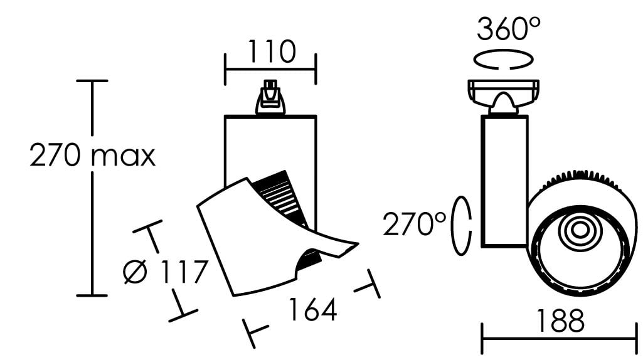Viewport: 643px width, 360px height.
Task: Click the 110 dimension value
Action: click(x=271, y=51)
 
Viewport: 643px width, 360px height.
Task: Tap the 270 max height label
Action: click(x=93, y=156)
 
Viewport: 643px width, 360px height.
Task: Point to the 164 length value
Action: click(x=313, y=310)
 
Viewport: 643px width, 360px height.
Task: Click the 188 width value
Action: click(x=560, y=320)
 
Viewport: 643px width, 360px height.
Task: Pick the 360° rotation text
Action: click(x=509, y=29)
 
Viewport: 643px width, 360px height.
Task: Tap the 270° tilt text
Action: click(x=414, y=225)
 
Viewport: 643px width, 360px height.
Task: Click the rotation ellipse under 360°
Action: click(x=504, y=60)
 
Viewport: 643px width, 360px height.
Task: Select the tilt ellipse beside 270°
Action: click(x=461, y=226)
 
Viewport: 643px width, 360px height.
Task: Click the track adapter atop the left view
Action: click(x=270, y=97)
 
